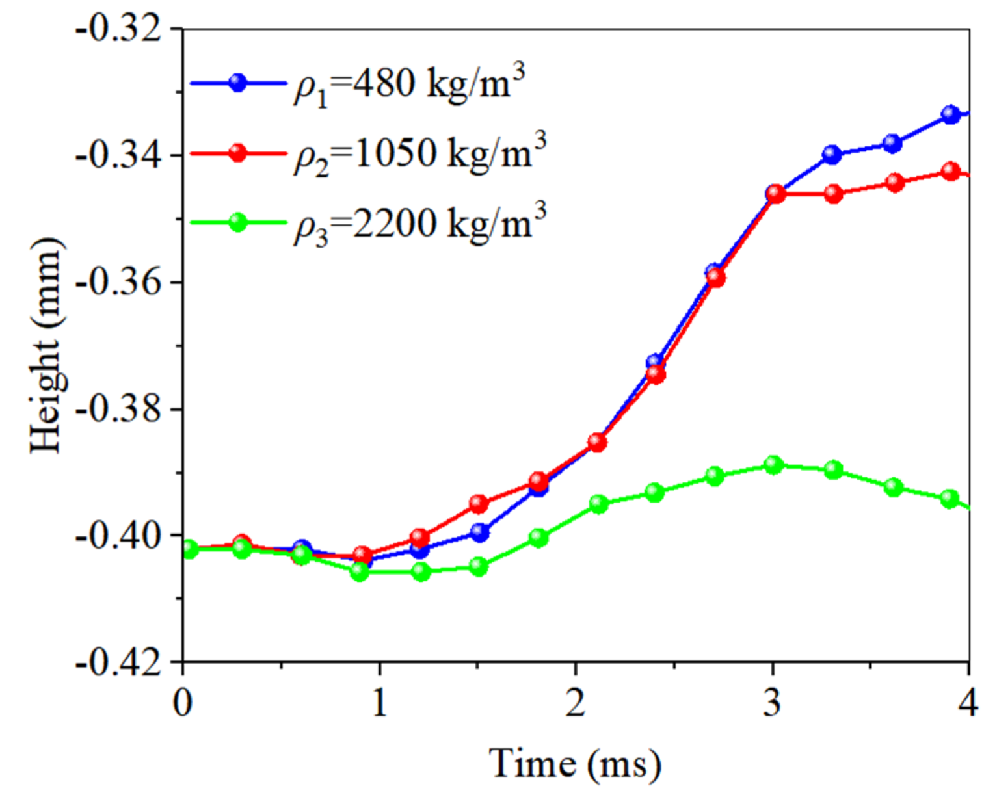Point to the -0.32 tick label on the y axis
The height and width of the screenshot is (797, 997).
click(x=119, y=30)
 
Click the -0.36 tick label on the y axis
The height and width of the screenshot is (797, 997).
click(x=119, y=283)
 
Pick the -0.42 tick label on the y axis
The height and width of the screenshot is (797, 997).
click(x=119, y=663)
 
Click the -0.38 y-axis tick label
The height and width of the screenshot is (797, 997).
click(x=119, y=410)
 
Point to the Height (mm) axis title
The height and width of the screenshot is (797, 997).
click(x=47, y=345)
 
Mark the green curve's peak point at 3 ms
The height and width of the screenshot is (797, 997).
click(x=773, y=464)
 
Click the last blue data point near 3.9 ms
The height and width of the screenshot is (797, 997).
click(x=951, y=115)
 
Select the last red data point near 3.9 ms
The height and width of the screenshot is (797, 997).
click(x=951, y=172)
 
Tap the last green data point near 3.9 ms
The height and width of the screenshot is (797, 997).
click(x=950, y=499)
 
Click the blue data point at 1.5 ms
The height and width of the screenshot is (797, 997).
click(x=479, y=533)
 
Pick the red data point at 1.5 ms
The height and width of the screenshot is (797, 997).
click(x=479, y=504)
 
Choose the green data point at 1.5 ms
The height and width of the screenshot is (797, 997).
click(x=479, y=567)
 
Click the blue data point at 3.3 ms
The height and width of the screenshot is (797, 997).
click(x=832, y=155)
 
